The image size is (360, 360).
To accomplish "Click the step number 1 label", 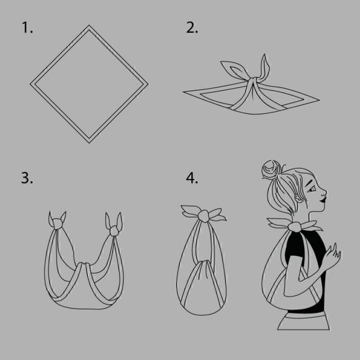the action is click(27, 27).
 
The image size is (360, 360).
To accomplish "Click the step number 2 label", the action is click(192, 27).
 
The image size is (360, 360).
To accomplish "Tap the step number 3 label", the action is click(27, 178).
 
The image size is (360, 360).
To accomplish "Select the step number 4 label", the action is click(192, 178).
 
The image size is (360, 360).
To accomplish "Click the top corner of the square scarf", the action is click(89, 25).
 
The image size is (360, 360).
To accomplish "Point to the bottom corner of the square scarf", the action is click(89, 143).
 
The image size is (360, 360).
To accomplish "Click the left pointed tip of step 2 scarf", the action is click(183, 92).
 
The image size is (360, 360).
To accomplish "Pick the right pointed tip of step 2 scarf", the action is click(319, 100).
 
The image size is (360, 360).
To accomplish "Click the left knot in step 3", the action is click(57, 223).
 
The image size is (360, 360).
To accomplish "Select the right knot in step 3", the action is click(114, 231).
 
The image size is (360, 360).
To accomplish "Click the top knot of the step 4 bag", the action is click(204, 216).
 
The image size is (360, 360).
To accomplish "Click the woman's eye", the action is click(312, 190).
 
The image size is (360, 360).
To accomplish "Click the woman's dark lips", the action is click(323, 199).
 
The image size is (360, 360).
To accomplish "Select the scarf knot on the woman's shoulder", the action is click(295, 227).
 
